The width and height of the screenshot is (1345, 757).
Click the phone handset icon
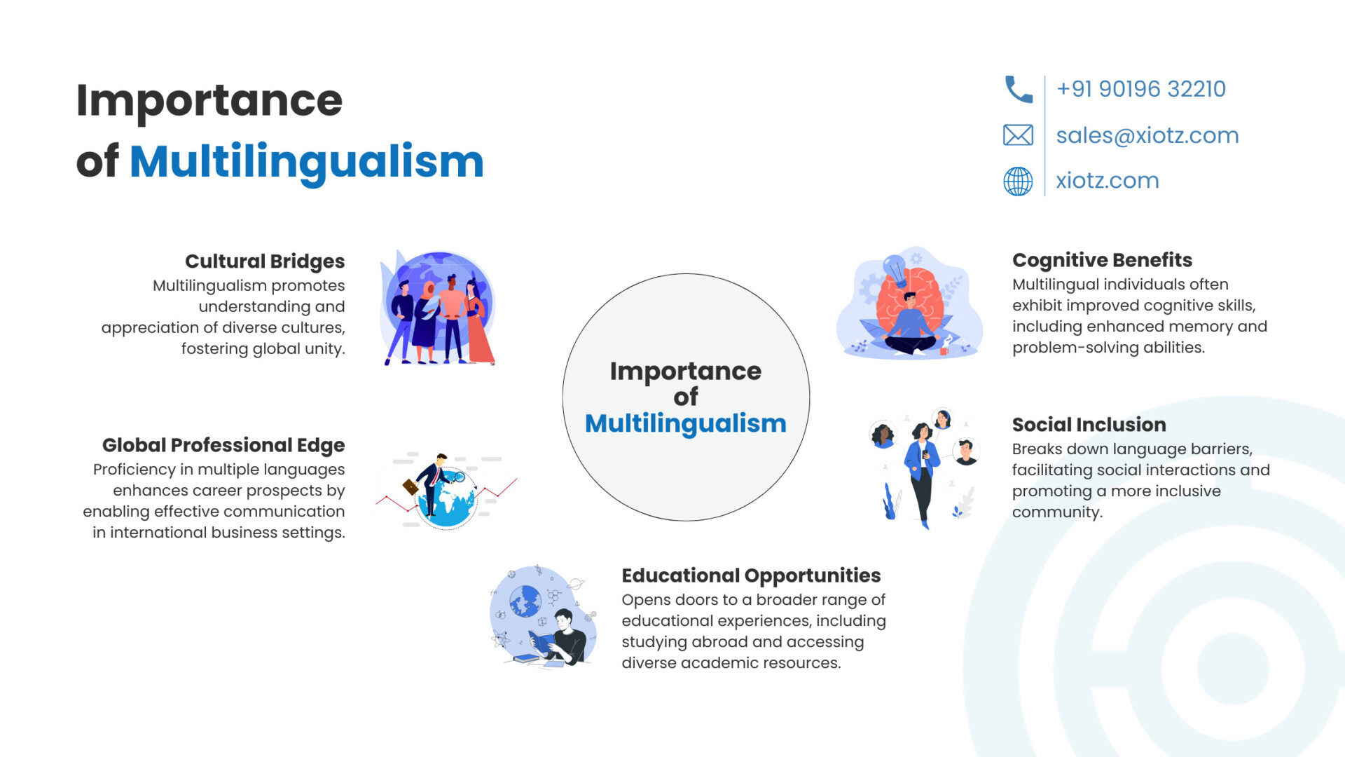[x=1019, y=90]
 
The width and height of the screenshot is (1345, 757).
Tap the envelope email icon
[x=1018, y=135]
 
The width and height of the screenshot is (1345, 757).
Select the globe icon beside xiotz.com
[x=1018, y=182]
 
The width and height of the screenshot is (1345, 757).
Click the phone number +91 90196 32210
[x=1141, y=89]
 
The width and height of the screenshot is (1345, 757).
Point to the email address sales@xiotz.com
[x=1147, y=135]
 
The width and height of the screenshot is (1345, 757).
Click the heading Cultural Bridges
[x=265, y=261]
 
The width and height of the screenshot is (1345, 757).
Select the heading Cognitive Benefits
[x=1102, y=260]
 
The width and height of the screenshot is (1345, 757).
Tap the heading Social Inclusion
[x=1089, y=425]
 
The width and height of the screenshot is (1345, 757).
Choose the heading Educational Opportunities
[x=751, y=575]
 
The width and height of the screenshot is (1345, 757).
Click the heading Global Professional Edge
[x=223, y=445]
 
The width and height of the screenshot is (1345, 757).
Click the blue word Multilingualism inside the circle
[x=686, y=423]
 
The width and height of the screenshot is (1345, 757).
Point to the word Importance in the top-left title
[x=209, y=101]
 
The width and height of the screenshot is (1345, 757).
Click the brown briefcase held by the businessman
[x=411, y=486]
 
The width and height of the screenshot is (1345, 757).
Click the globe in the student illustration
[x=525, y=601]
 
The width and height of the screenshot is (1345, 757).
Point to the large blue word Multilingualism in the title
[x=307, y=162]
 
